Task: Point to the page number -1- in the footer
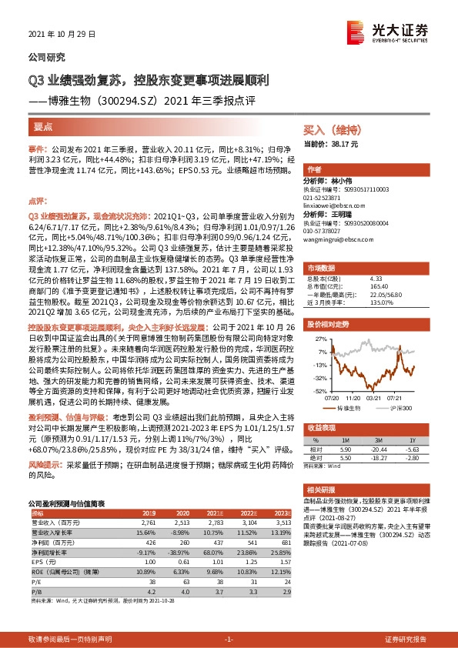click(x=228, y=639)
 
